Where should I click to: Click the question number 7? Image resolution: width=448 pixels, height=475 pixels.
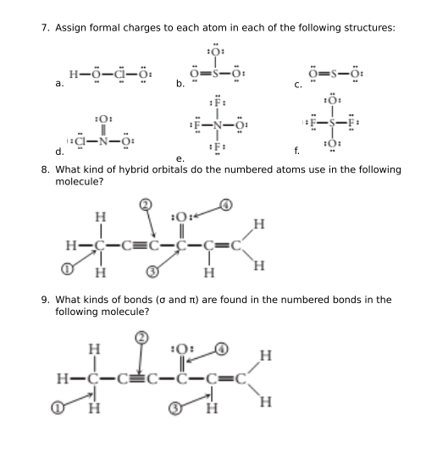45,28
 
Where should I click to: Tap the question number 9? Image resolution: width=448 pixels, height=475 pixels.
45,300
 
